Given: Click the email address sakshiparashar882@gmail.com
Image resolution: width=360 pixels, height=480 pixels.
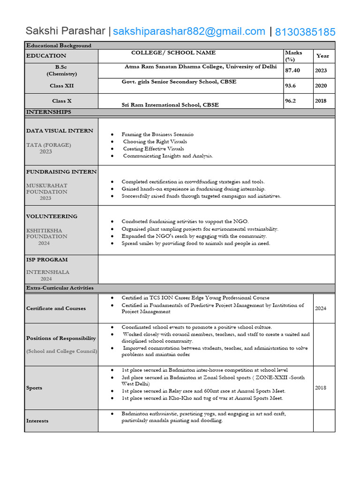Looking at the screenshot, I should (189, 31).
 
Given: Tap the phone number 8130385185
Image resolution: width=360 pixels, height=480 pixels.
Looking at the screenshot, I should (305, 32).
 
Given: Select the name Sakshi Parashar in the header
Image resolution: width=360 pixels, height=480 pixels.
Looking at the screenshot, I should (66, 31).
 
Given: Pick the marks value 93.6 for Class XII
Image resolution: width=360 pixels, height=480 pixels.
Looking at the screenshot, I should (291, 86).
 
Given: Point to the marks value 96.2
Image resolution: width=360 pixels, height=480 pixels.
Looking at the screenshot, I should (291, 101).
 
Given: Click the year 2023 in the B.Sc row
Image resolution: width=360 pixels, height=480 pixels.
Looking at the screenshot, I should (321, 70).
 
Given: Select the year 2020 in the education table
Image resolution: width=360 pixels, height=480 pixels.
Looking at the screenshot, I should (321, 86).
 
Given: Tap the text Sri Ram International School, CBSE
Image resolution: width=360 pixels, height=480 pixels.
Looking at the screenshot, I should (170, 105).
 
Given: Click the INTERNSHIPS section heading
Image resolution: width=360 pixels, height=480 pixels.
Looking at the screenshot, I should (49, 112).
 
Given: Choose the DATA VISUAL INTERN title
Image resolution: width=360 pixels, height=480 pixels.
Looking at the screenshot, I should (60, 131).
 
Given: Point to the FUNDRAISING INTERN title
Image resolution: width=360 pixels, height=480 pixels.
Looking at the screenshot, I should (61, 172).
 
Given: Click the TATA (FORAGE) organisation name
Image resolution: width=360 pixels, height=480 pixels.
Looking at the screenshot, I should (49, 145).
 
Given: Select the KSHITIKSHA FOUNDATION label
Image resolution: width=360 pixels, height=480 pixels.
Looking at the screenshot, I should (46, 233).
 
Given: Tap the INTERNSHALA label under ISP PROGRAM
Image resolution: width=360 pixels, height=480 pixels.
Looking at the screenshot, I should (48, 272).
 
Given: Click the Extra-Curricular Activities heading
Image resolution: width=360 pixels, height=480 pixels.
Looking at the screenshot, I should (60, 288).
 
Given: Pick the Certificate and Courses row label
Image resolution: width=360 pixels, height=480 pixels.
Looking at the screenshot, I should (56, 308).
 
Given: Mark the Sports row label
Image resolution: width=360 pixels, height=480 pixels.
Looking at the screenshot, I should (34, 388).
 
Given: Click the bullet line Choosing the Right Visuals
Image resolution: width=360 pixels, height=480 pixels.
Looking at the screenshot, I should (155, 142).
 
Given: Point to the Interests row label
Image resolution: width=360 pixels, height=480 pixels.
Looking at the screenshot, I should (37, 420).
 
